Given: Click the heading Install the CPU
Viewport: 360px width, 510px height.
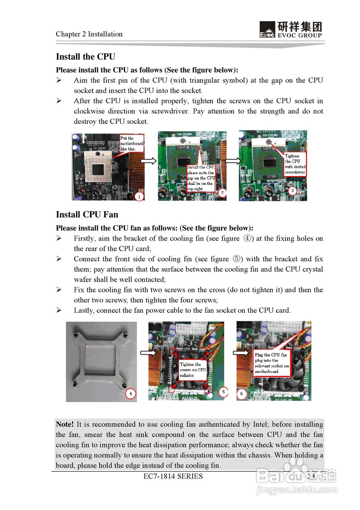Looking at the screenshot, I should tap(85, 57).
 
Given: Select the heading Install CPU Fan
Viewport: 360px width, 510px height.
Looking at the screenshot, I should tap(87, 214).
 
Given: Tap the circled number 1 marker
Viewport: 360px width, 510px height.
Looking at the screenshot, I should tap(139, 196).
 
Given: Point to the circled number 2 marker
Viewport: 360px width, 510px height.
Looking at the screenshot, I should tap(222, 193).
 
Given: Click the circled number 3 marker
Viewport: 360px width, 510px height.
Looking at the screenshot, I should tap(293, 191).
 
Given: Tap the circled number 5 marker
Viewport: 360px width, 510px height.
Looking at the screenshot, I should tap(223, 392).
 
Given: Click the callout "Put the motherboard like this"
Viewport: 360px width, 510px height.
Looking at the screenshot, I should tap(131, 143).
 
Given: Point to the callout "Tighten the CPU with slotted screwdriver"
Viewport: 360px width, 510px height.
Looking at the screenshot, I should tap(295, 164).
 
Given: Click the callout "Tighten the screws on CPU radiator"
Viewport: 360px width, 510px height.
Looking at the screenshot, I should tap(193, 370).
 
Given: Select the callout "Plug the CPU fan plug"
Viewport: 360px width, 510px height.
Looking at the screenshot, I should tap(272, 363).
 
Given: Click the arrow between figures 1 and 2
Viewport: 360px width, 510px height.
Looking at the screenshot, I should tap(149, 161).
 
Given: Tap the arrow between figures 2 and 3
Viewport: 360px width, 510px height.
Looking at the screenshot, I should tap(233, 161).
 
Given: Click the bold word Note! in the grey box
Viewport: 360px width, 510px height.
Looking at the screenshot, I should tap(65, 424).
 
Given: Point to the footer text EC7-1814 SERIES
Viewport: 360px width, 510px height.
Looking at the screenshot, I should tap(173, 476).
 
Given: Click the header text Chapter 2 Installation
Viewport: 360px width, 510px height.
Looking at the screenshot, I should tap(89, 34).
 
